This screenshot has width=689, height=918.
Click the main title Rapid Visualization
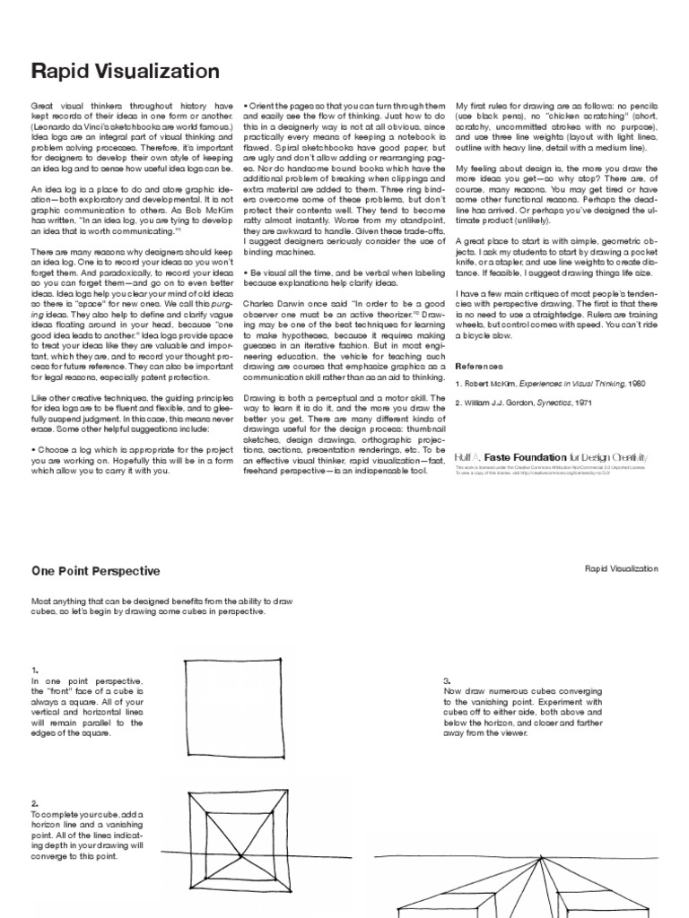tap(125, 72)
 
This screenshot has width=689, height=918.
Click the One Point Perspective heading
tap(96, 570)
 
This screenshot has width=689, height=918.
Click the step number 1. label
tap(34, 670)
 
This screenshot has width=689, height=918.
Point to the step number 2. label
tap(34, 803)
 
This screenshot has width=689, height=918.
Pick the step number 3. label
tap(446, 680)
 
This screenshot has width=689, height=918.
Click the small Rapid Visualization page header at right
tap(621, 568)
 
